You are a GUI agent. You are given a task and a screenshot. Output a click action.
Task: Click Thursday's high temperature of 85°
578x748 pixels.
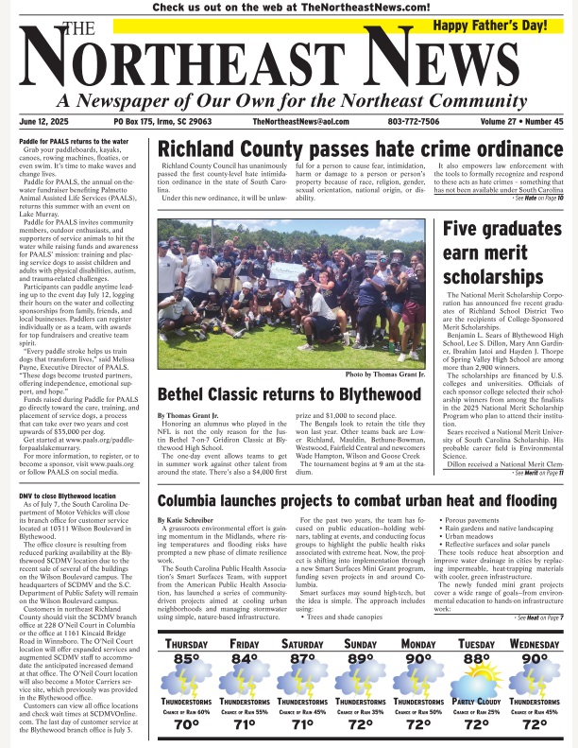point(185,632)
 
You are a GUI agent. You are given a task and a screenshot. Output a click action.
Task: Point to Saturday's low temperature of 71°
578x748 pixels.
point(302,724)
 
